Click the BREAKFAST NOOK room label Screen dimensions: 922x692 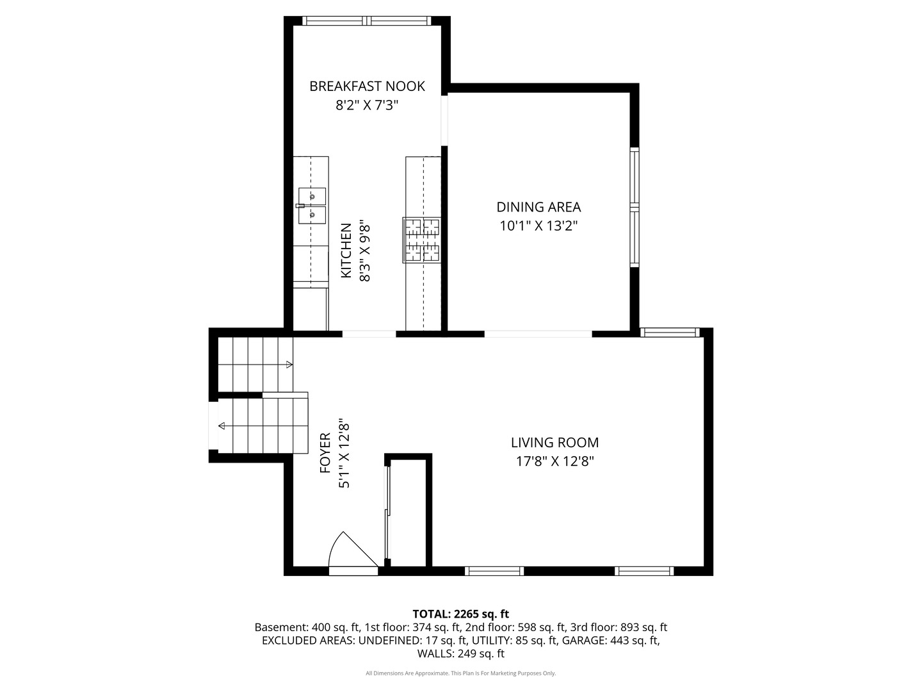point(367,86)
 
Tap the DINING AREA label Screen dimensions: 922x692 point(538,207)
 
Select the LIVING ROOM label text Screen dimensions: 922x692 point(554,442)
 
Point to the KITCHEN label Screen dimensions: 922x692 point(346,251)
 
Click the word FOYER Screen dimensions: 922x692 point(325,453)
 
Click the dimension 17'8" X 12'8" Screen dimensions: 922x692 point(554,461)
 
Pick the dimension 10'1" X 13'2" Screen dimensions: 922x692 point(538,226)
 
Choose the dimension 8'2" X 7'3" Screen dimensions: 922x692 point(367,105)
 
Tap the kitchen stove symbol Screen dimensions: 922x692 point(422,240)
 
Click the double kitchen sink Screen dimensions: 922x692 point(312,206)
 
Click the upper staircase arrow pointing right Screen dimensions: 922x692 point(289,365)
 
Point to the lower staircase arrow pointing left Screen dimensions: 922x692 point(222,425)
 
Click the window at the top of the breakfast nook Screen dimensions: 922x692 point(367,21)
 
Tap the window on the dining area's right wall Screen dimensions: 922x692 point(635,207)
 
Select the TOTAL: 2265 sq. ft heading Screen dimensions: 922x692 point(461,614)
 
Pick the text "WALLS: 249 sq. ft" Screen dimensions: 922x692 point(461,654)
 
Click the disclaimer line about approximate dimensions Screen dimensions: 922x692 point(461,673)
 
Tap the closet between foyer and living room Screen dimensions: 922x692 point(408,513)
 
